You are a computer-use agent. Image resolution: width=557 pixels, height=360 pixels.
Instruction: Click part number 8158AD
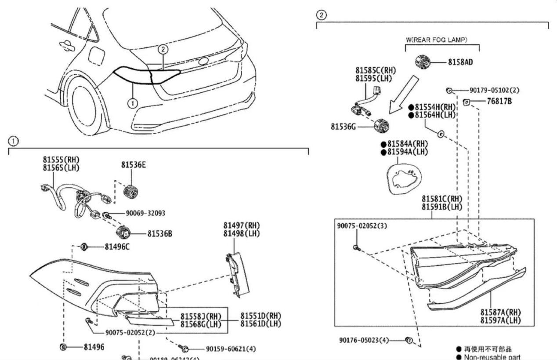460,62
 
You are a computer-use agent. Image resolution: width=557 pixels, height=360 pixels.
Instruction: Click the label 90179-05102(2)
494,90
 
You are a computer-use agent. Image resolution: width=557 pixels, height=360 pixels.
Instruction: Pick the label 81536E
134,165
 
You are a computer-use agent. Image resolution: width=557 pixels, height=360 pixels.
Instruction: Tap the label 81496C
117,247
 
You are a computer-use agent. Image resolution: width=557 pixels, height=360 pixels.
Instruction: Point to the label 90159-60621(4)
231,349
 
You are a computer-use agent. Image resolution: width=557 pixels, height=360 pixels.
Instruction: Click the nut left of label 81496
63,347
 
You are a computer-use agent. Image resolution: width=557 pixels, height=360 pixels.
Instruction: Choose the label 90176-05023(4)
363,340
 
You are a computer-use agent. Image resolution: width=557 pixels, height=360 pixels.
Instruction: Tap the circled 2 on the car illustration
163,50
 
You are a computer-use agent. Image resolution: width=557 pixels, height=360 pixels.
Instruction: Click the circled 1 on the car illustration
133,103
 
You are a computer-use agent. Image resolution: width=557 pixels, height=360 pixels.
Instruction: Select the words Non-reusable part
492,356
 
